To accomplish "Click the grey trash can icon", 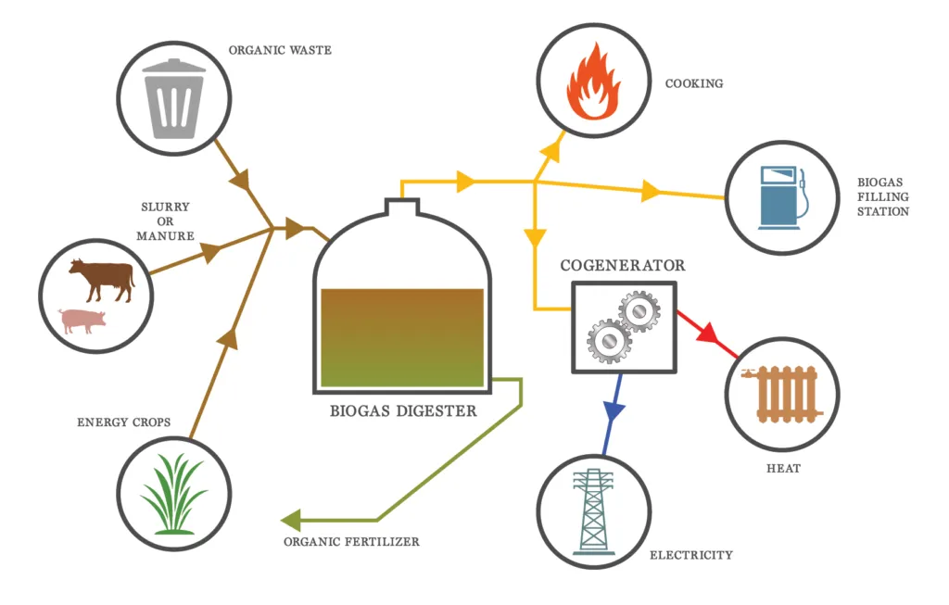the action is click(173, 98).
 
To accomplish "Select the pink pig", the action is click(82, 321).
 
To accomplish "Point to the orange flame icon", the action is click(594, 81).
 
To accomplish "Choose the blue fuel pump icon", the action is click(782, 197).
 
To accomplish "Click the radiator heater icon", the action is click(782, 394).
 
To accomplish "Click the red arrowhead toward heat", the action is click(707, 333).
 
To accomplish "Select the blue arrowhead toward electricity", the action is click(614, 411).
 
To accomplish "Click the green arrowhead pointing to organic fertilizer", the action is click(291, 521).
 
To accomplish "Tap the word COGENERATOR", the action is click(623, 266).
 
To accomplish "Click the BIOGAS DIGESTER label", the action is click(403, 411).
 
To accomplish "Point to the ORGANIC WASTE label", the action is click(280, 50).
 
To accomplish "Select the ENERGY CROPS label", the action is click(123, 422).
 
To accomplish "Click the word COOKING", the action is click(694, 83).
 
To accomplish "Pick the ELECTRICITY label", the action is click(691, 555).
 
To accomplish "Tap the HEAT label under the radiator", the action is click(783, 468).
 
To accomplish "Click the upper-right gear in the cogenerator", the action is click(639, 311).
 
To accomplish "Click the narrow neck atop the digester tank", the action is click(402, 207).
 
